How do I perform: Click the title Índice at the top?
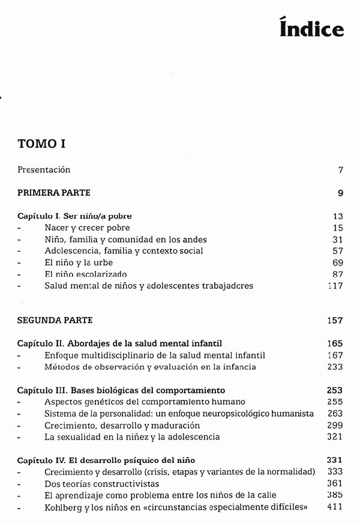pyautogui.click(x=311, y=28)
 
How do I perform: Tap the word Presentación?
pyautogui.click(x=44, y=170)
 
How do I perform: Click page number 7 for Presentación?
pyautogui.click(x=340, y=170)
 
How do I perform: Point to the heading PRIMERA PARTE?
pyautogui.click(x=54, y=193)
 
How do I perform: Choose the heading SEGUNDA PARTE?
pyautogui.click(x=55, y=321)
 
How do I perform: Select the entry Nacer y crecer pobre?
pyautogui.click(x=87, y=228)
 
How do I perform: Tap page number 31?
pyautogui.click(x=338, y=239)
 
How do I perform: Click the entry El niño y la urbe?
pyautogui.click(x=79, y=262)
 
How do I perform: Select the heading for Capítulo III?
pyautogui.click(x=121, y=390)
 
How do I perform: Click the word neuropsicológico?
pyautogui.click(x=230, y=414)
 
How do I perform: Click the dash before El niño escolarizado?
pyautogui.click(x=19, y=274)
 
